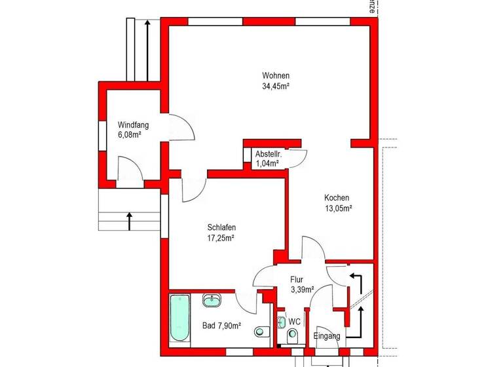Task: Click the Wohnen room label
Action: (276, 75)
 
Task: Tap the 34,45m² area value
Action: (276, 86)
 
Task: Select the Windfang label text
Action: (133, 125)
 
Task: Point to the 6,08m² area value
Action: (130, 135)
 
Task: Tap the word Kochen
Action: (337, 198)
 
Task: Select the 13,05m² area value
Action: (339, 208)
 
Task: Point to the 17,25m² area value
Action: (221, 238)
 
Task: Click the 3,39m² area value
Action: (302, 288)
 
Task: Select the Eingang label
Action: (327, 336)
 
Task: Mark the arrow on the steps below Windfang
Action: (130, 221)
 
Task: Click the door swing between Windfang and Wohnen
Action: (183, 128)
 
